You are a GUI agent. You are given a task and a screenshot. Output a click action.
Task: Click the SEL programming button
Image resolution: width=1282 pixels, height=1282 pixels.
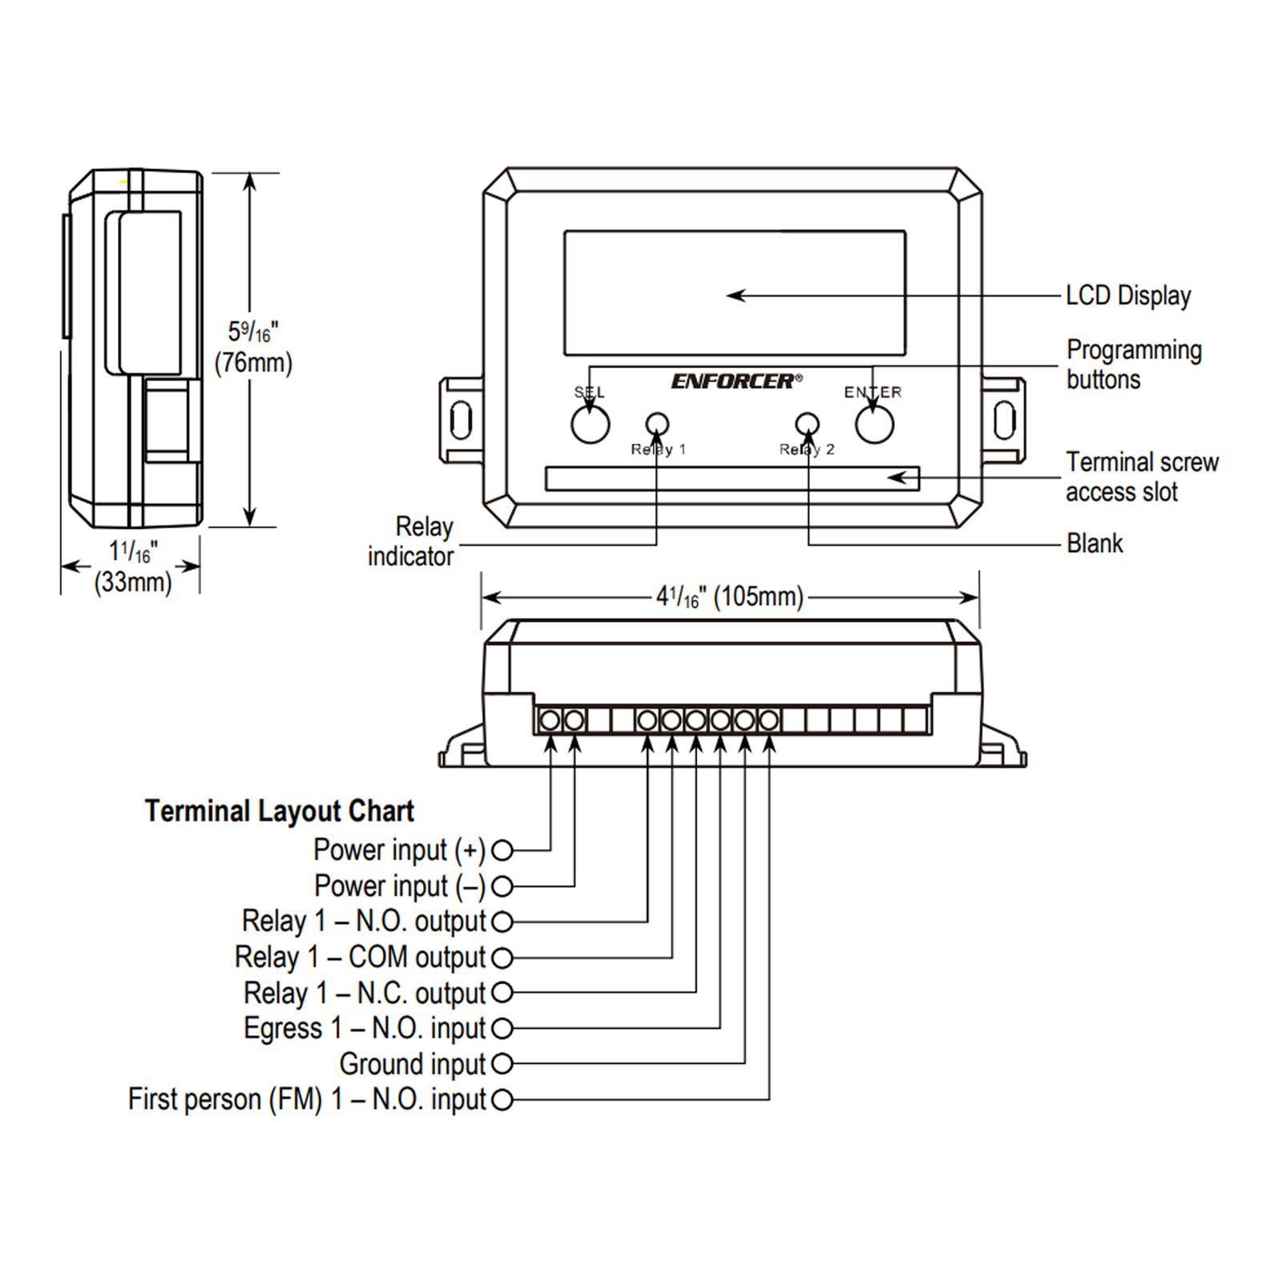(x=591, y=425)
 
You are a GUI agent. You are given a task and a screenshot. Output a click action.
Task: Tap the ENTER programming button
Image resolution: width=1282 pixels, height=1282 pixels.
(x=874, y=425)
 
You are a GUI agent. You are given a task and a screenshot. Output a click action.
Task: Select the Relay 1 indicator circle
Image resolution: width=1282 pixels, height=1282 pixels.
(x=658, y=424)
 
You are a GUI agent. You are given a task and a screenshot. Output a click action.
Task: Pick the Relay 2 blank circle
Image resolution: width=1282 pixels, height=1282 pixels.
(x=807, y=424)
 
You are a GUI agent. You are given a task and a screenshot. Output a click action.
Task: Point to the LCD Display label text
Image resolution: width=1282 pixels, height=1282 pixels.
(x=1128, y=296)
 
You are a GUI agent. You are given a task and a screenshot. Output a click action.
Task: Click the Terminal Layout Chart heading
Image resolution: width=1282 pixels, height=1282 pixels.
(x=280, y=811)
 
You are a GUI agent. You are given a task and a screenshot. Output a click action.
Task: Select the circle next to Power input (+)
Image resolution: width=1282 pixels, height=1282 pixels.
(x=502, y=850)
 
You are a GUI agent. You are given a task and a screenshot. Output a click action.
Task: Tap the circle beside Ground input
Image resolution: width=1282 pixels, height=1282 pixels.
(x=502, y=1064)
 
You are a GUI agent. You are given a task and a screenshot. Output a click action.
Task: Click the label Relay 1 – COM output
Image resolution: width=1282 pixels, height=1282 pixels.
(x=360, y=957)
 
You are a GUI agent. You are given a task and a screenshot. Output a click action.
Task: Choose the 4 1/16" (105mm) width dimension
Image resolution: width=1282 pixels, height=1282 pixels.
(x=730, y=597)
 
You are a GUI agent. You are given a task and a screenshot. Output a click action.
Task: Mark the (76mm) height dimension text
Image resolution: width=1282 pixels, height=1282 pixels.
(x=253, y=363)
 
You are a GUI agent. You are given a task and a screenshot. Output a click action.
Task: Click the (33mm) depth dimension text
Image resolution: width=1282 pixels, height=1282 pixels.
(x=133, y=582)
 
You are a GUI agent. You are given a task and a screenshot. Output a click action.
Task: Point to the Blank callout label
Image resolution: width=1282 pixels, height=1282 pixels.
(x=1095, y=544)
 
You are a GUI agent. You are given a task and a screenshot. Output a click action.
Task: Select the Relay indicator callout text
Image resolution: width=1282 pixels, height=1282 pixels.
(x=411, y=542)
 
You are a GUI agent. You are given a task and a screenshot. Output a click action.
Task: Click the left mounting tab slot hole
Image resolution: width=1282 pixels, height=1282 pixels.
(x=461, y=421)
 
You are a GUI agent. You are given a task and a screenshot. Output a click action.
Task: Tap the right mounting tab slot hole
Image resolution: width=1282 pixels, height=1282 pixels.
(x=1004, y=421)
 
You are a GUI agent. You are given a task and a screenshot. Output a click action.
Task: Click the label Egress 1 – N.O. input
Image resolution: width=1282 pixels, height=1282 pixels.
(x=365, y=1028)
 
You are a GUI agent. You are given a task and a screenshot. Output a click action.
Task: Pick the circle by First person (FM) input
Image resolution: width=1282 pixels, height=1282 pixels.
(x=502, y=1100)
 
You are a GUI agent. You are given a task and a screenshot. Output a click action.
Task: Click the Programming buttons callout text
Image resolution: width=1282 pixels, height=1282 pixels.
(x=1134, y=365)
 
